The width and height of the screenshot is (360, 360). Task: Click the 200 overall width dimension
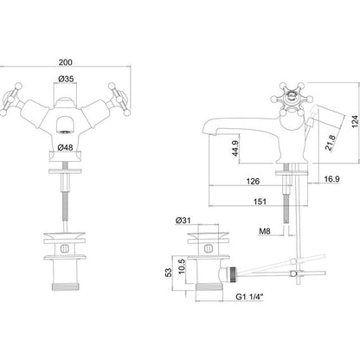[x=66, y=62]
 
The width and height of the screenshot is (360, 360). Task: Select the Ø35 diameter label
[x=66, y=79]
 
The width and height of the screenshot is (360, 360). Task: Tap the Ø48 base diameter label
[x=65, y=147]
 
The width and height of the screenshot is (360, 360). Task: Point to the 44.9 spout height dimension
[x=235, y=148]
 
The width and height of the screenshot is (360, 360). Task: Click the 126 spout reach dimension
[x=253, y=181]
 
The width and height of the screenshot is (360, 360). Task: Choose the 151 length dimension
[x=260, y=202]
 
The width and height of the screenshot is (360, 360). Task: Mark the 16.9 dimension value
[x=331, y=179]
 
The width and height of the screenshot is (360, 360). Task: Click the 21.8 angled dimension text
[x=331, y=143]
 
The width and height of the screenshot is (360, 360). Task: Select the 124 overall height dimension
[x=356, y=121]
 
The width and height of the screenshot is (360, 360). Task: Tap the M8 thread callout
[x=265, y=231]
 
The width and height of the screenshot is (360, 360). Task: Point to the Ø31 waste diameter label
[x=183, y=221]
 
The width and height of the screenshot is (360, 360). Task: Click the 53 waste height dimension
[x=168, y=273]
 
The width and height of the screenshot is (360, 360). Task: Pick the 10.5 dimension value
[x=181, y=267]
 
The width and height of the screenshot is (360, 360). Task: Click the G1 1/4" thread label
[x=250, y=296]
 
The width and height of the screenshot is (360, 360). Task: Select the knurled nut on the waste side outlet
[x=232, y=274]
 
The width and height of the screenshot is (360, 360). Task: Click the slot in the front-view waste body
[x=65, y=248]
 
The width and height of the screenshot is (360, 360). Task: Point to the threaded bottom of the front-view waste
[x=65, y=286]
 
